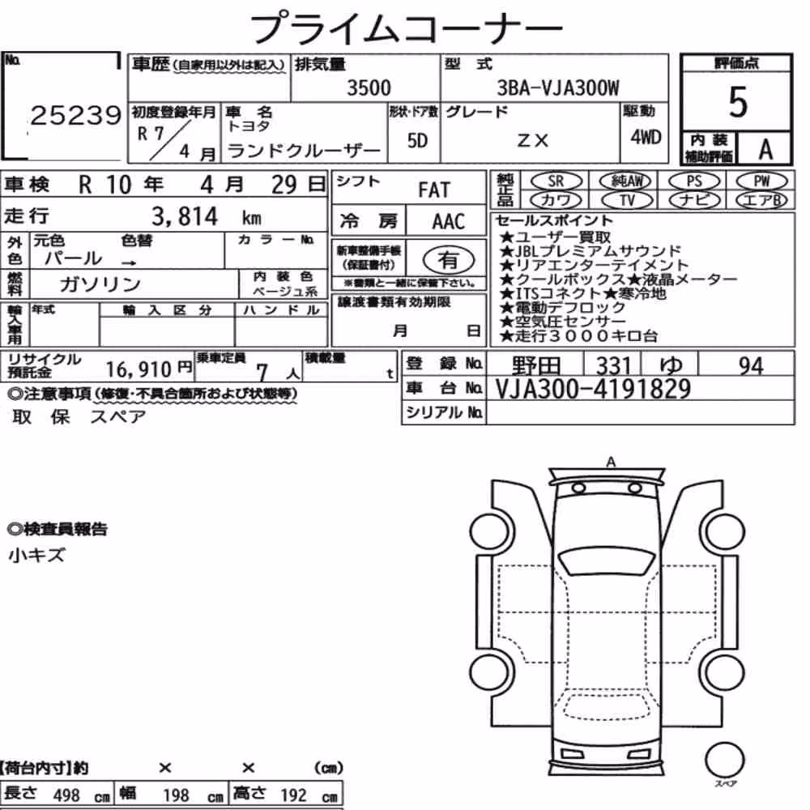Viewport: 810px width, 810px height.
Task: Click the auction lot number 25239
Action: (76, 115)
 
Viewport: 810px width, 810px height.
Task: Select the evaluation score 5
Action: (738, 102)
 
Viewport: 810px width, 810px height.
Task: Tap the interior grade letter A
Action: (765, 149)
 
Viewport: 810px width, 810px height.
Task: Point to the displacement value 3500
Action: (369, 87)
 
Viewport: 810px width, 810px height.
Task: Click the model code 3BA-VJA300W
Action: (558, 87)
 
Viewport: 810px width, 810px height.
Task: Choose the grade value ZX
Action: (533, 140)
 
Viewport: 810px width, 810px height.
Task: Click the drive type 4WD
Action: (646, 137)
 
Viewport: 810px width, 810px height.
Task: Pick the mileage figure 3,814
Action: (185, 216)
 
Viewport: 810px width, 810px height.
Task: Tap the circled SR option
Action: (556, 181)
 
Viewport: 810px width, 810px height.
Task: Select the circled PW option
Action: (761, 181)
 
